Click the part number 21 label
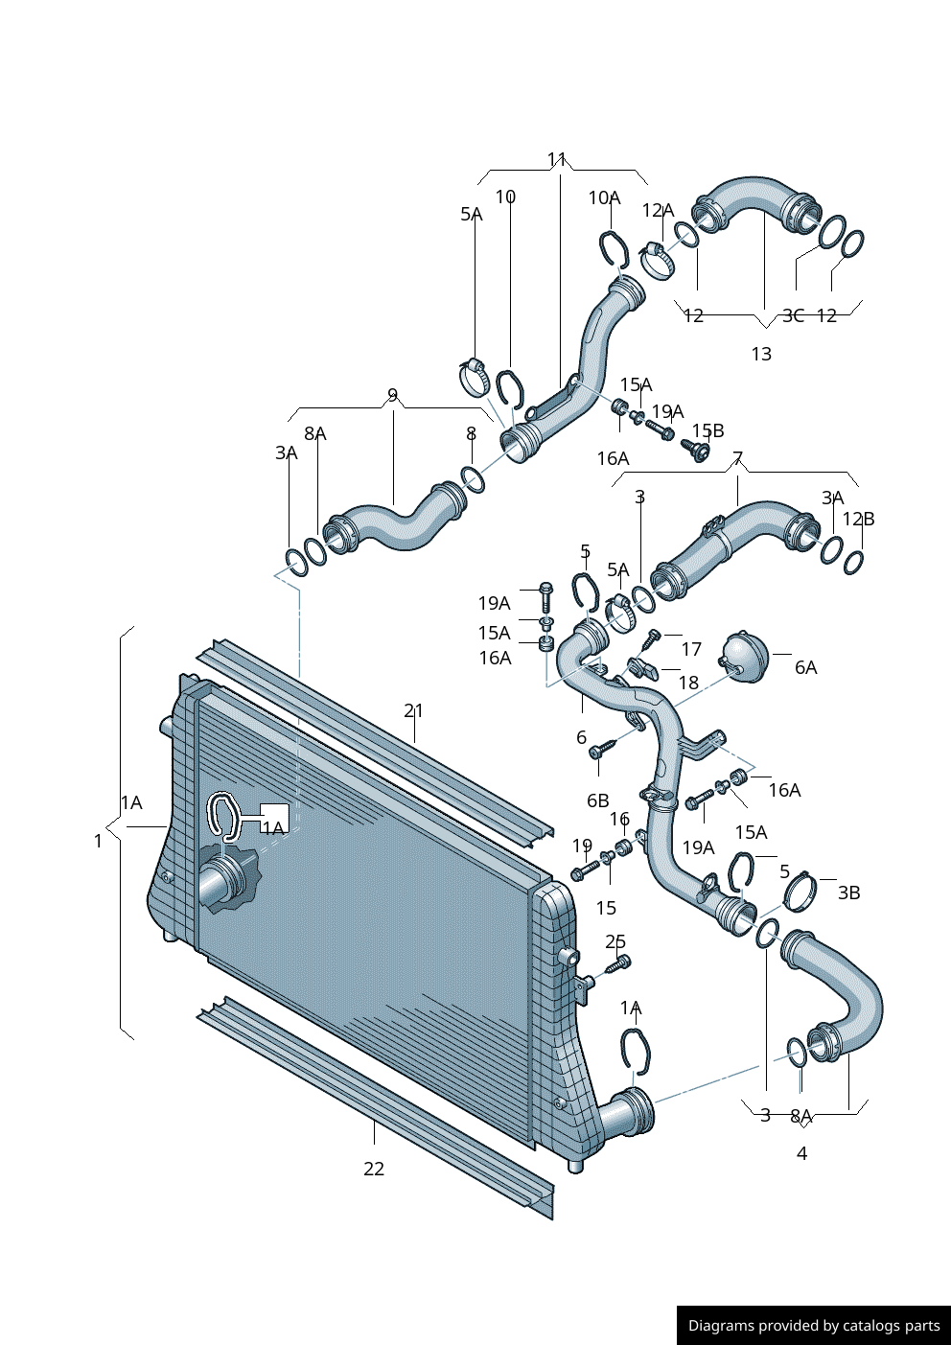click(x=413, y=710)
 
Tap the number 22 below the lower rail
click(x=374, y=1169)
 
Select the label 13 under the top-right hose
click(x=761, y=355)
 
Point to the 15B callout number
click(x=707, y=430)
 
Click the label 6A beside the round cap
click(x=805, y=667)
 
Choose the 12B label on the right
click(x=858, y=519)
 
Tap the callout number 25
click(x=615, y=941)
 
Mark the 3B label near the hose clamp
click(x=848, y=893)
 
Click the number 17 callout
click(x=691, y=649)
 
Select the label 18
click(x=688, y=683)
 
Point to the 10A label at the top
click(x=604, y=197)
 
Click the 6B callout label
click(x=597, y=800)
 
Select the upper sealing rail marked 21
click(x=374, y=738)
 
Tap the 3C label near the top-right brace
click(x=793, y=315)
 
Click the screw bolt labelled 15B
click(x=697, y=448)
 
